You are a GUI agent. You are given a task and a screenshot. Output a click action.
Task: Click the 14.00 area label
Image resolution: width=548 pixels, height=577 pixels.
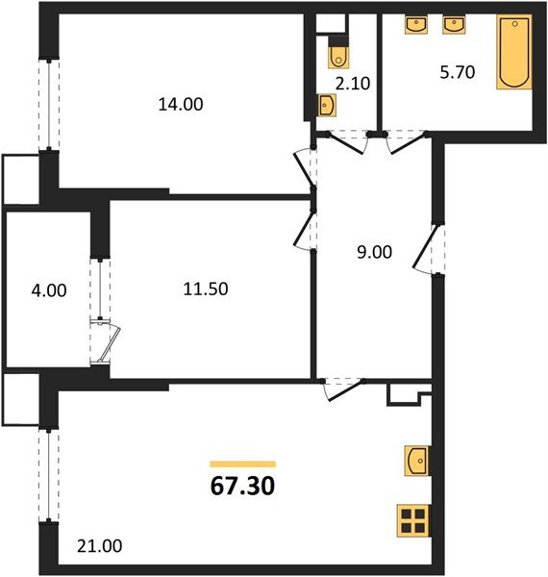(181, 105)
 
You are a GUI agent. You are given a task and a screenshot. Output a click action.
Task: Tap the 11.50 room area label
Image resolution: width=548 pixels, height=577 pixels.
(206, 289)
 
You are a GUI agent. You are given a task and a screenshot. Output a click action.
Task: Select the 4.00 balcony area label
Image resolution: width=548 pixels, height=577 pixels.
(49, 290)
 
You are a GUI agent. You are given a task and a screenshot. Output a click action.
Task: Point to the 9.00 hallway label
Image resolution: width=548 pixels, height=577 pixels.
(374, 252)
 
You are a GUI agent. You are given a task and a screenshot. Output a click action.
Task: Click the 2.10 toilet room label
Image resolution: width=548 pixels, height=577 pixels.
(353, 84)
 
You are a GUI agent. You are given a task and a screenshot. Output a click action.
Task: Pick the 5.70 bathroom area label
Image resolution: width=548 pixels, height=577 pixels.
(458, 72)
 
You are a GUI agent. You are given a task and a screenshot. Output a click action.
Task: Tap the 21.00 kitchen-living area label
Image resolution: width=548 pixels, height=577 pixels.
(99, 546)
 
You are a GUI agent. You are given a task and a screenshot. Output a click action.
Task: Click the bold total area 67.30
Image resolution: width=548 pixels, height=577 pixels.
(242, 486)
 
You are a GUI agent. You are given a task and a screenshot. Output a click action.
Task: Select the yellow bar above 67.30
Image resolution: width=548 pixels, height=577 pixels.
(242, 464)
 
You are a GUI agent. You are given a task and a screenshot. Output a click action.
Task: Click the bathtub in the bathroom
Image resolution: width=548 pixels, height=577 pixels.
(514, 52)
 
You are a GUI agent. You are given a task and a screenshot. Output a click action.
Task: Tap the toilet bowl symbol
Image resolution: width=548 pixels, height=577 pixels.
(338, 55)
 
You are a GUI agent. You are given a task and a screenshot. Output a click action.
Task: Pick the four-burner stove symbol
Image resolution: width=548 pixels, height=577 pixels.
(413, 520)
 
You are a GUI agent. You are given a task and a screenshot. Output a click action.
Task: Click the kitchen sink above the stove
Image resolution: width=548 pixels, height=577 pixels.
(417, 461)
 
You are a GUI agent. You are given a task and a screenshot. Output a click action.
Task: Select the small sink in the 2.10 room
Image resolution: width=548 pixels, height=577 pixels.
(327, 105)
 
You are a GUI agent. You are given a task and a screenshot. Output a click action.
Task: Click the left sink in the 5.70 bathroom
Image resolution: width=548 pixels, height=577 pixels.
(416, 24)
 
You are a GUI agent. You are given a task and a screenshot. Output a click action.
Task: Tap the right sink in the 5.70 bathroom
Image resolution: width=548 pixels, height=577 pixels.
(454, 24)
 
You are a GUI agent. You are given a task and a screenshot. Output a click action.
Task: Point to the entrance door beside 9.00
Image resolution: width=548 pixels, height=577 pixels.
(428, 248)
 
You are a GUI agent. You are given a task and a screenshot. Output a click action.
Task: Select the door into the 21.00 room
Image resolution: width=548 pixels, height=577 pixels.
(342, 389)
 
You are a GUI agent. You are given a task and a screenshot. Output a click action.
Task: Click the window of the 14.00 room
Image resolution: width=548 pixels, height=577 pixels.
(49, 104)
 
